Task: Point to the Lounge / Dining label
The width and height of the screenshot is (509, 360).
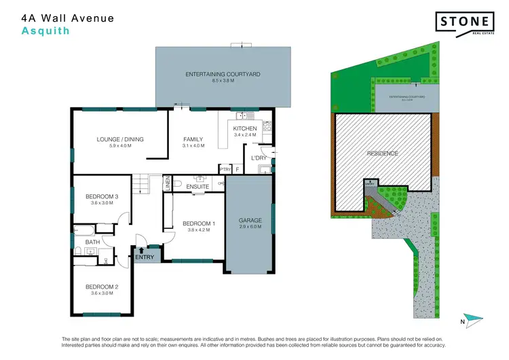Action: point(119,140)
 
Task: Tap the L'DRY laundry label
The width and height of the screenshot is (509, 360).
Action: point(259,158)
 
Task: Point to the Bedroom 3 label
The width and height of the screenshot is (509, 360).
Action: point(102,199)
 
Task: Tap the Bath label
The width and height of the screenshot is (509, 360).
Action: point(92,242)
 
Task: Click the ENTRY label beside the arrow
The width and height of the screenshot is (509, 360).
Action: point(145,257)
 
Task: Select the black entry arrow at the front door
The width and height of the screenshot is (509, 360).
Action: point(141,249)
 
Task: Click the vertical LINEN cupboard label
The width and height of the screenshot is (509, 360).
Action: point(167,183)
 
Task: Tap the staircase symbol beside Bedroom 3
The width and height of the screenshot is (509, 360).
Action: point(139,182)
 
